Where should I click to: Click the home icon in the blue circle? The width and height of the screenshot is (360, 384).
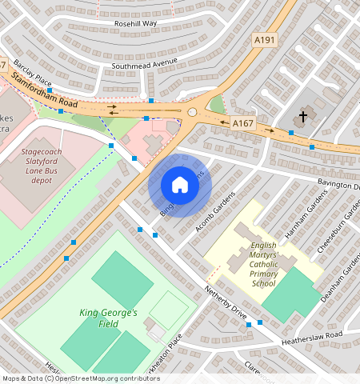(x=180, y=186)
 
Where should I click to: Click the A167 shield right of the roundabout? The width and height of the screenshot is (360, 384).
(x=242, y=123)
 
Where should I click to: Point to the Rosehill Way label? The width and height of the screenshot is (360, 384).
(x=136, y=24)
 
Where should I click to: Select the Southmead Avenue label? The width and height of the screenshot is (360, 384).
(x=143, y=63)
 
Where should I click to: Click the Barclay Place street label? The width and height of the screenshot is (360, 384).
(x=32, y=74)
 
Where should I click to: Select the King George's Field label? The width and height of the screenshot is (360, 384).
(x=109, y=318)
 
